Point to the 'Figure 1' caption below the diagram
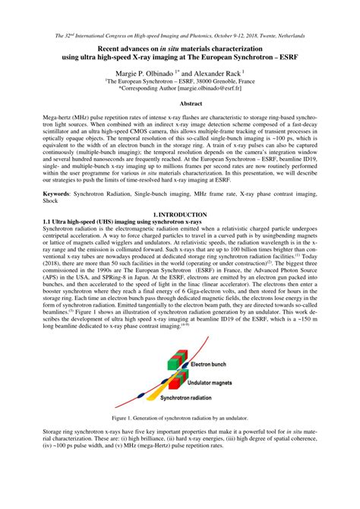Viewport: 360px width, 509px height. coord(179,418)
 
